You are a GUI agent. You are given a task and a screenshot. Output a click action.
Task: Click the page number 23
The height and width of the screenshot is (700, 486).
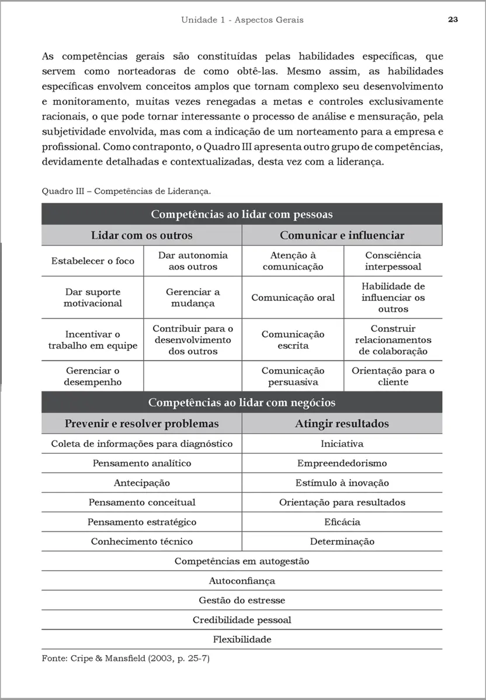click(453, 19)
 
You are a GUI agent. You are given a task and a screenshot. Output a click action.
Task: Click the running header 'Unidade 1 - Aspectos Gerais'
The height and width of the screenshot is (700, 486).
click(242, 20)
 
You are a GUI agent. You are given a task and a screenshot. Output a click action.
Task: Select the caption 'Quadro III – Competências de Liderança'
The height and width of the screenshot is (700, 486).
click(126, 191)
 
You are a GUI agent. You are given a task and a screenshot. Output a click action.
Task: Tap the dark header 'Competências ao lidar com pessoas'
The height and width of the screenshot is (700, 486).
click(242, 214)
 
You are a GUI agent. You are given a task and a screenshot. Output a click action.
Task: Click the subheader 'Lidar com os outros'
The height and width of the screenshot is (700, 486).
click(141, 236)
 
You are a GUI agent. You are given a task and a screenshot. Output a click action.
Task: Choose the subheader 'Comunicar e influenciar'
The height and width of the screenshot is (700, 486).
click(342, 236)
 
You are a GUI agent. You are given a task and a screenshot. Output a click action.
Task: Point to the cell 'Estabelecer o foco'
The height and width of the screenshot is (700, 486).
click(92, 261)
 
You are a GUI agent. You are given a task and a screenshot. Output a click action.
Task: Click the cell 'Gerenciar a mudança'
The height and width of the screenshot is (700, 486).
click(193, 297)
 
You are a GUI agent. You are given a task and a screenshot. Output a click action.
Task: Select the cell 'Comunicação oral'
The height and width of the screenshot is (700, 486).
click(293, 297)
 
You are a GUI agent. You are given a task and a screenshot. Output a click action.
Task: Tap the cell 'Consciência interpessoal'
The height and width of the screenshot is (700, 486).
click(393, 261)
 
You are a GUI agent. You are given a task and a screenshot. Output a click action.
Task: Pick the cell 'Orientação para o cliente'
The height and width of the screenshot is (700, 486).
click(393, 376)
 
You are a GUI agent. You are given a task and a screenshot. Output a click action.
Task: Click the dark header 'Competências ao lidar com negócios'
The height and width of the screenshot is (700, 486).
click(242, 402)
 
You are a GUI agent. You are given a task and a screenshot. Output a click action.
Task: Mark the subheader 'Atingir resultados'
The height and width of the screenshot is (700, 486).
click(342, 423)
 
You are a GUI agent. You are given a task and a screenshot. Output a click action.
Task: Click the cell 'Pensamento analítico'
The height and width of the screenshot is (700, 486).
click(141, 463)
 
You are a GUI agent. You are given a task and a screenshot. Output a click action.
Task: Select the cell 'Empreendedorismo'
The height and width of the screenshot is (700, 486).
click(342, 463)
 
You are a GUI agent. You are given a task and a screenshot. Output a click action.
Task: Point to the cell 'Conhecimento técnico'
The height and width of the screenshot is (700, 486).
click(141, 541)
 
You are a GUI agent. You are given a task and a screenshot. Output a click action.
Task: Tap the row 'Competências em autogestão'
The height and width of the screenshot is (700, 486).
click(242, 561)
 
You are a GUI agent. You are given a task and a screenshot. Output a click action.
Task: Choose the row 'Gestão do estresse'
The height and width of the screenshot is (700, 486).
click(242, 600)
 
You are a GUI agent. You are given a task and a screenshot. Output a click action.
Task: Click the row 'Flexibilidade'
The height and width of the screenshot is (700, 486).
click(242, 639)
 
